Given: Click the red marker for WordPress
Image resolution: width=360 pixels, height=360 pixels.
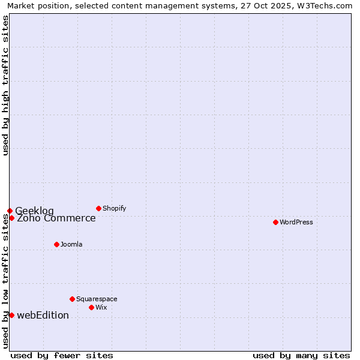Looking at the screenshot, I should point(275,222).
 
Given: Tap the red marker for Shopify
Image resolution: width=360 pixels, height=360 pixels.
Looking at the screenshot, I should point(98,208).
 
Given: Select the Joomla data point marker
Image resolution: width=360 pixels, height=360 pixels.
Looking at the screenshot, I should point(56,244).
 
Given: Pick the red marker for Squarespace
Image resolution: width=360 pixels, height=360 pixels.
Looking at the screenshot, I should point(72,299).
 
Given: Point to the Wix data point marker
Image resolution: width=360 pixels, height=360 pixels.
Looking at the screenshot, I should point(91,307).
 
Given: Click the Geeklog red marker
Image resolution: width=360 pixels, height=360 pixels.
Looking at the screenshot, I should point(10,211).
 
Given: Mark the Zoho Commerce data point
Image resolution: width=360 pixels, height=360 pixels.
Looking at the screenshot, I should point(11,218).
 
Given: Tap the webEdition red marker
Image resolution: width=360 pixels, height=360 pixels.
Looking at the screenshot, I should point(11,315).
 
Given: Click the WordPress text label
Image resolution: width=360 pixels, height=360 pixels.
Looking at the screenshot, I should point(296,222).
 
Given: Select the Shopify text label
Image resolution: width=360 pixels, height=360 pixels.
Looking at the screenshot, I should point(114,208).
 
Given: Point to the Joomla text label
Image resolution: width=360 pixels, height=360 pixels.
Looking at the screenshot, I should point(71,244).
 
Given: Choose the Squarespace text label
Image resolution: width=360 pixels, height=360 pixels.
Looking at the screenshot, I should point(97,299).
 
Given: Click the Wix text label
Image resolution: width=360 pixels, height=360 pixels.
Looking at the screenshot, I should point(101,307).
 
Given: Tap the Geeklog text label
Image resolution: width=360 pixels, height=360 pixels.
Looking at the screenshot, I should point(34,211).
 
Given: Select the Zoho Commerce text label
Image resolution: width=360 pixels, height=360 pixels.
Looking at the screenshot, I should point(56,218).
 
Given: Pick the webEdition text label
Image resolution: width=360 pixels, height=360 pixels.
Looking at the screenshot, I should point(43,315).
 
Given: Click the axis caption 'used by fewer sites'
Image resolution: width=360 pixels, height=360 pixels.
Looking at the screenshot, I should point(62,355).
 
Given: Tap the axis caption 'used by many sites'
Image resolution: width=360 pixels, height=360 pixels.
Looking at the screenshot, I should point(301,355).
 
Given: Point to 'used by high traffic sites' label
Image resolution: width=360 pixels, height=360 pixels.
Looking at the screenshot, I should point(5,85).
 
